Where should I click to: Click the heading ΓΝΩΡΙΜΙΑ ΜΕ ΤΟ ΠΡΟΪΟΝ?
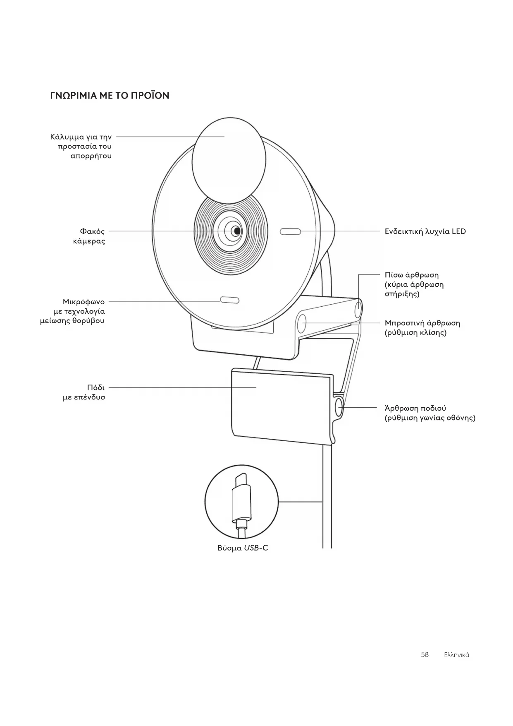[110, 96]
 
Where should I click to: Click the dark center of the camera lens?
[236, 231]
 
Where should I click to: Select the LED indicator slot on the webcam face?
[290, 231]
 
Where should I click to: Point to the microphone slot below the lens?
[229, 300]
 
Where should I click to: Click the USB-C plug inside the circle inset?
[241, 501]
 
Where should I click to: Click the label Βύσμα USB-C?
[243, 548]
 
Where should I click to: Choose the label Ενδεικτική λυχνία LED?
[425, 231]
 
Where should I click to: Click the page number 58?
[425, 654]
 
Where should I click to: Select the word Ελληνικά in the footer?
[456, 655]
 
